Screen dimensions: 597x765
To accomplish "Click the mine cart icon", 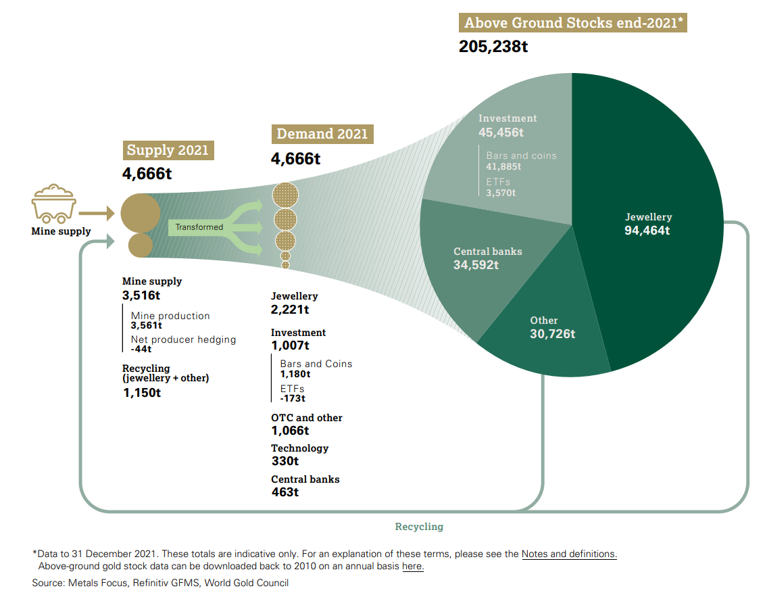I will pos(53,203).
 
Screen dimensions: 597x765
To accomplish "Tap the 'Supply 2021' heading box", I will pos(168,150).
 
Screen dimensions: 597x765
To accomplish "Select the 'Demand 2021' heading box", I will pos(322,134).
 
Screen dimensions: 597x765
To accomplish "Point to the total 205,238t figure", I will pos(493,47).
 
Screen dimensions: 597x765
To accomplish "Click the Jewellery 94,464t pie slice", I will pos(649,224).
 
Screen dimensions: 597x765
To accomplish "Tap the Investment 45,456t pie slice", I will pos(514,156).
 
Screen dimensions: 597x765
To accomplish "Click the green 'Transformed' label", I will pos(199,227).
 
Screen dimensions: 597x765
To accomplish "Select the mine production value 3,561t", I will pos(145,325).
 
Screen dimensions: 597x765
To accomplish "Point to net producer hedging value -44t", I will pos(141,349).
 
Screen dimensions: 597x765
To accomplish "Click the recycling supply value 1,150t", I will pos(141,393).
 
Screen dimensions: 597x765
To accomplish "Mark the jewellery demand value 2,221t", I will pos(290,310).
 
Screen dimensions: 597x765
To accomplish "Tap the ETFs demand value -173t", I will pos(294,398).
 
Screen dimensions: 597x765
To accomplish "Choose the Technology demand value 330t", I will pos(285,461).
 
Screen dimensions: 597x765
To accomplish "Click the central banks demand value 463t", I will pos(285,492).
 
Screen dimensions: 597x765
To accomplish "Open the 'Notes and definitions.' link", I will pos(569,554).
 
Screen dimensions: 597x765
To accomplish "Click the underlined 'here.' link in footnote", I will pos(413,566).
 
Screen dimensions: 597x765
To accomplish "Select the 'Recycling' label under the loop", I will pos(419,526).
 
